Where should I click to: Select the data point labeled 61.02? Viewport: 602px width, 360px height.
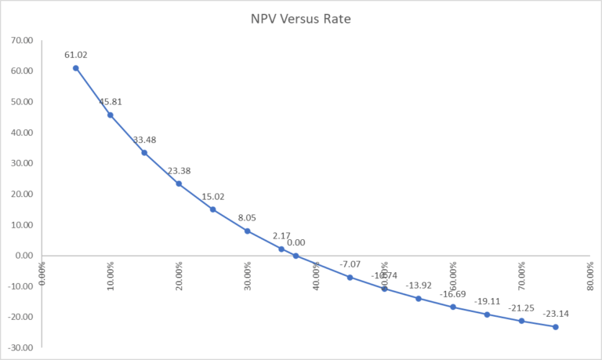click(76, 68)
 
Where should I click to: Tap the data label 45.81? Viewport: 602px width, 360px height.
click(111, 102)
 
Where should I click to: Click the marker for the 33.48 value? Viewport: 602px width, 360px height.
click(144, 152)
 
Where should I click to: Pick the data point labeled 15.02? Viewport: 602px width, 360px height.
click(212, 209)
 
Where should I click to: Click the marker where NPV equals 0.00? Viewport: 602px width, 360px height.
click(296, 256)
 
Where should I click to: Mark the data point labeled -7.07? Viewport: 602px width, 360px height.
click(350, 277)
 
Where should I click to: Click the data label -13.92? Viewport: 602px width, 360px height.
click(419, 285)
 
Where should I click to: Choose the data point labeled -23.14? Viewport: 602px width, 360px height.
click(556, 326)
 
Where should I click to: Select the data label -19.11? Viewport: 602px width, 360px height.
click(487, 302)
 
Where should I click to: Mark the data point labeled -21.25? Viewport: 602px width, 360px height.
click(521, 321)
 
